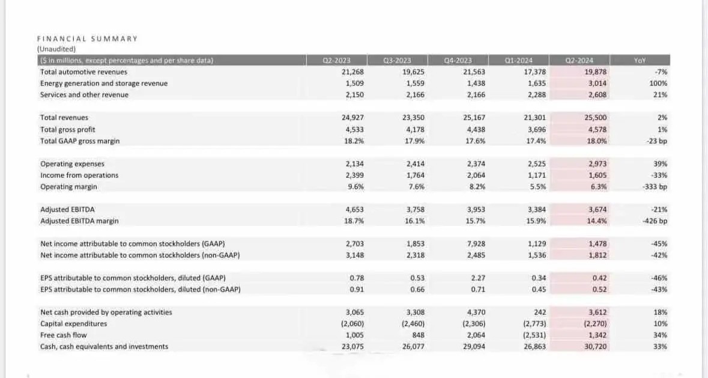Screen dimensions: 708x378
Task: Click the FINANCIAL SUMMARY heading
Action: pyautogui.click(x=87, y=39)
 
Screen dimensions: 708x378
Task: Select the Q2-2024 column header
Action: pyautogui.click(x=579, y=61)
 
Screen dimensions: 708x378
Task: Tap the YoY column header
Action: pyautogui.click(x=640, y=61)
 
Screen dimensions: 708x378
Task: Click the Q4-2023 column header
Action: pyautogui.click(x=458, y=61)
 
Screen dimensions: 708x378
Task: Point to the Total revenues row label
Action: pyautogui.click(x=64, y=117)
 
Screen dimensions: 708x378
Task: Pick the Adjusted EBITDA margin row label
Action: pyautogui.click(x=79, y=221)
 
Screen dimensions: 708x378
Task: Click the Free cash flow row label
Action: pyautogui.click(x=63, y=335)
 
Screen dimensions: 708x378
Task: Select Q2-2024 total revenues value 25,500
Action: pyautogui.click(x=595, y=117)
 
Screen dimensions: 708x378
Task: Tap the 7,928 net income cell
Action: pyautogui.click(x=476, y=244)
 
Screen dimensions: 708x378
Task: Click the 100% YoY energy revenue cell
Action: pyautogui.click(x=658, y=84)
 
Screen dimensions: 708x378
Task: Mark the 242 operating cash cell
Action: pyautogui.click(x=540, y=312)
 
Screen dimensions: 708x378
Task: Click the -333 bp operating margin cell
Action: pyautogui.click(x=655, y=186)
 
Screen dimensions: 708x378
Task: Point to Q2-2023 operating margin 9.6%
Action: pyautogui.click(x=356, y=186)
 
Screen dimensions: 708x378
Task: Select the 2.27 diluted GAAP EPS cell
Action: pyautogui.click(x=478, y=278)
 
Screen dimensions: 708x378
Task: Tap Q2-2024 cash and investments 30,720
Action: pyautogui.click(x=595, y=346)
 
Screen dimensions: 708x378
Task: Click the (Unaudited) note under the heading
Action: pyautogui.click(x=56, y=49)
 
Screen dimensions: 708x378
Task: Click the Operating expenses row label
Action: pyautogui.click(x=72, y=164)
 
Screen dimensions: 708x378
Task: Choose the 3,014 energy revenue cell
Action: pyautogui.click(x=598, y=84)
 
